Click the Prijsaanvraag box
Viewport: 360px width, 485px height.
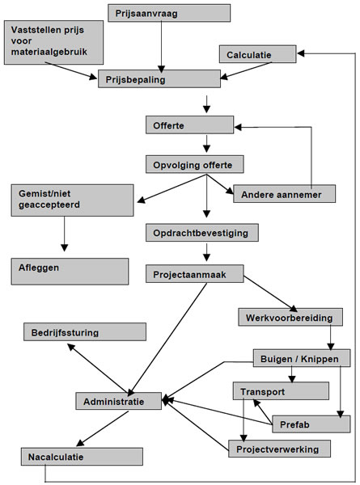click(x=169, y=13)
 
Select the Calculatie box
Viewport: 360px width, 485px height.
click(x=257, y=54)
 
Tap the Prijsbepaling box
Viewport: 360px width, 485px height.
click(x=159, y=79)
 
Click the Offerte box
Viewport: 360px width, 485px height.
click(x=189, y=125)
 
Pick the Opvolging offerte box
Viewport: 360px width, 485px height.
click(x=195, y=164)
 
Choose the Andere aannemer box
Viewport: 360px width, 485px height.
click(x=284, y=194)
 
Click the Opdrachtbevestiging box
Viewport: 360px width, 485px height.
click(x=202, y=233)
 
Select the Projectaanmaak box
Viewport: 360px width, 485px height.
click(x=195, y=274)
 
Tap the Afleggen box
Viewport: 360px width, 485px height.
click(x=70, y=272)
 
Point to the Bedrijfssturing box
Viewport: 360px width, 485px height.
click(x=85, y=332)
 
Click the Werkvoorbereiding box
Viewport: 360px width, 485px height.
click(x=290, y=317)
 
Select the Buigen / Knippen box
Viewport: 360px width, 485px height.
click(x=302, y=358)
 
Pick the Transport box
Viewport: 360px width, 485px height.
click(x=281, y=391)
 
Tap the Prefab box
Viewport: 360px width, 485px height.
click(x=311, y=424)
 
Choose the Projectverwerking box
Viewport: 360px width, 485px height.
click(x=280, y=449)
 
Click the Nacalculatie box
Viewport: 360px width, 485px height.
click(x=82, y=457)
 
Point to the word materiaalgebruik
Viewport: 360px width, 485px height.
click(x=49, y=52)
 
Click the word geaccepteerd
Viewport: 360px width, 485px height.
click(x=49, y=205)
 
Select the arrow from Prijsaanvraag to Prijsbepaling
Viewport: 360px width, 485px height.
click(x=161, y=47)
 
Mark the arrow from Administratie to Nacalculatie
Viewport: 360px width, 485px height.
click(x=103, y=428)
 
